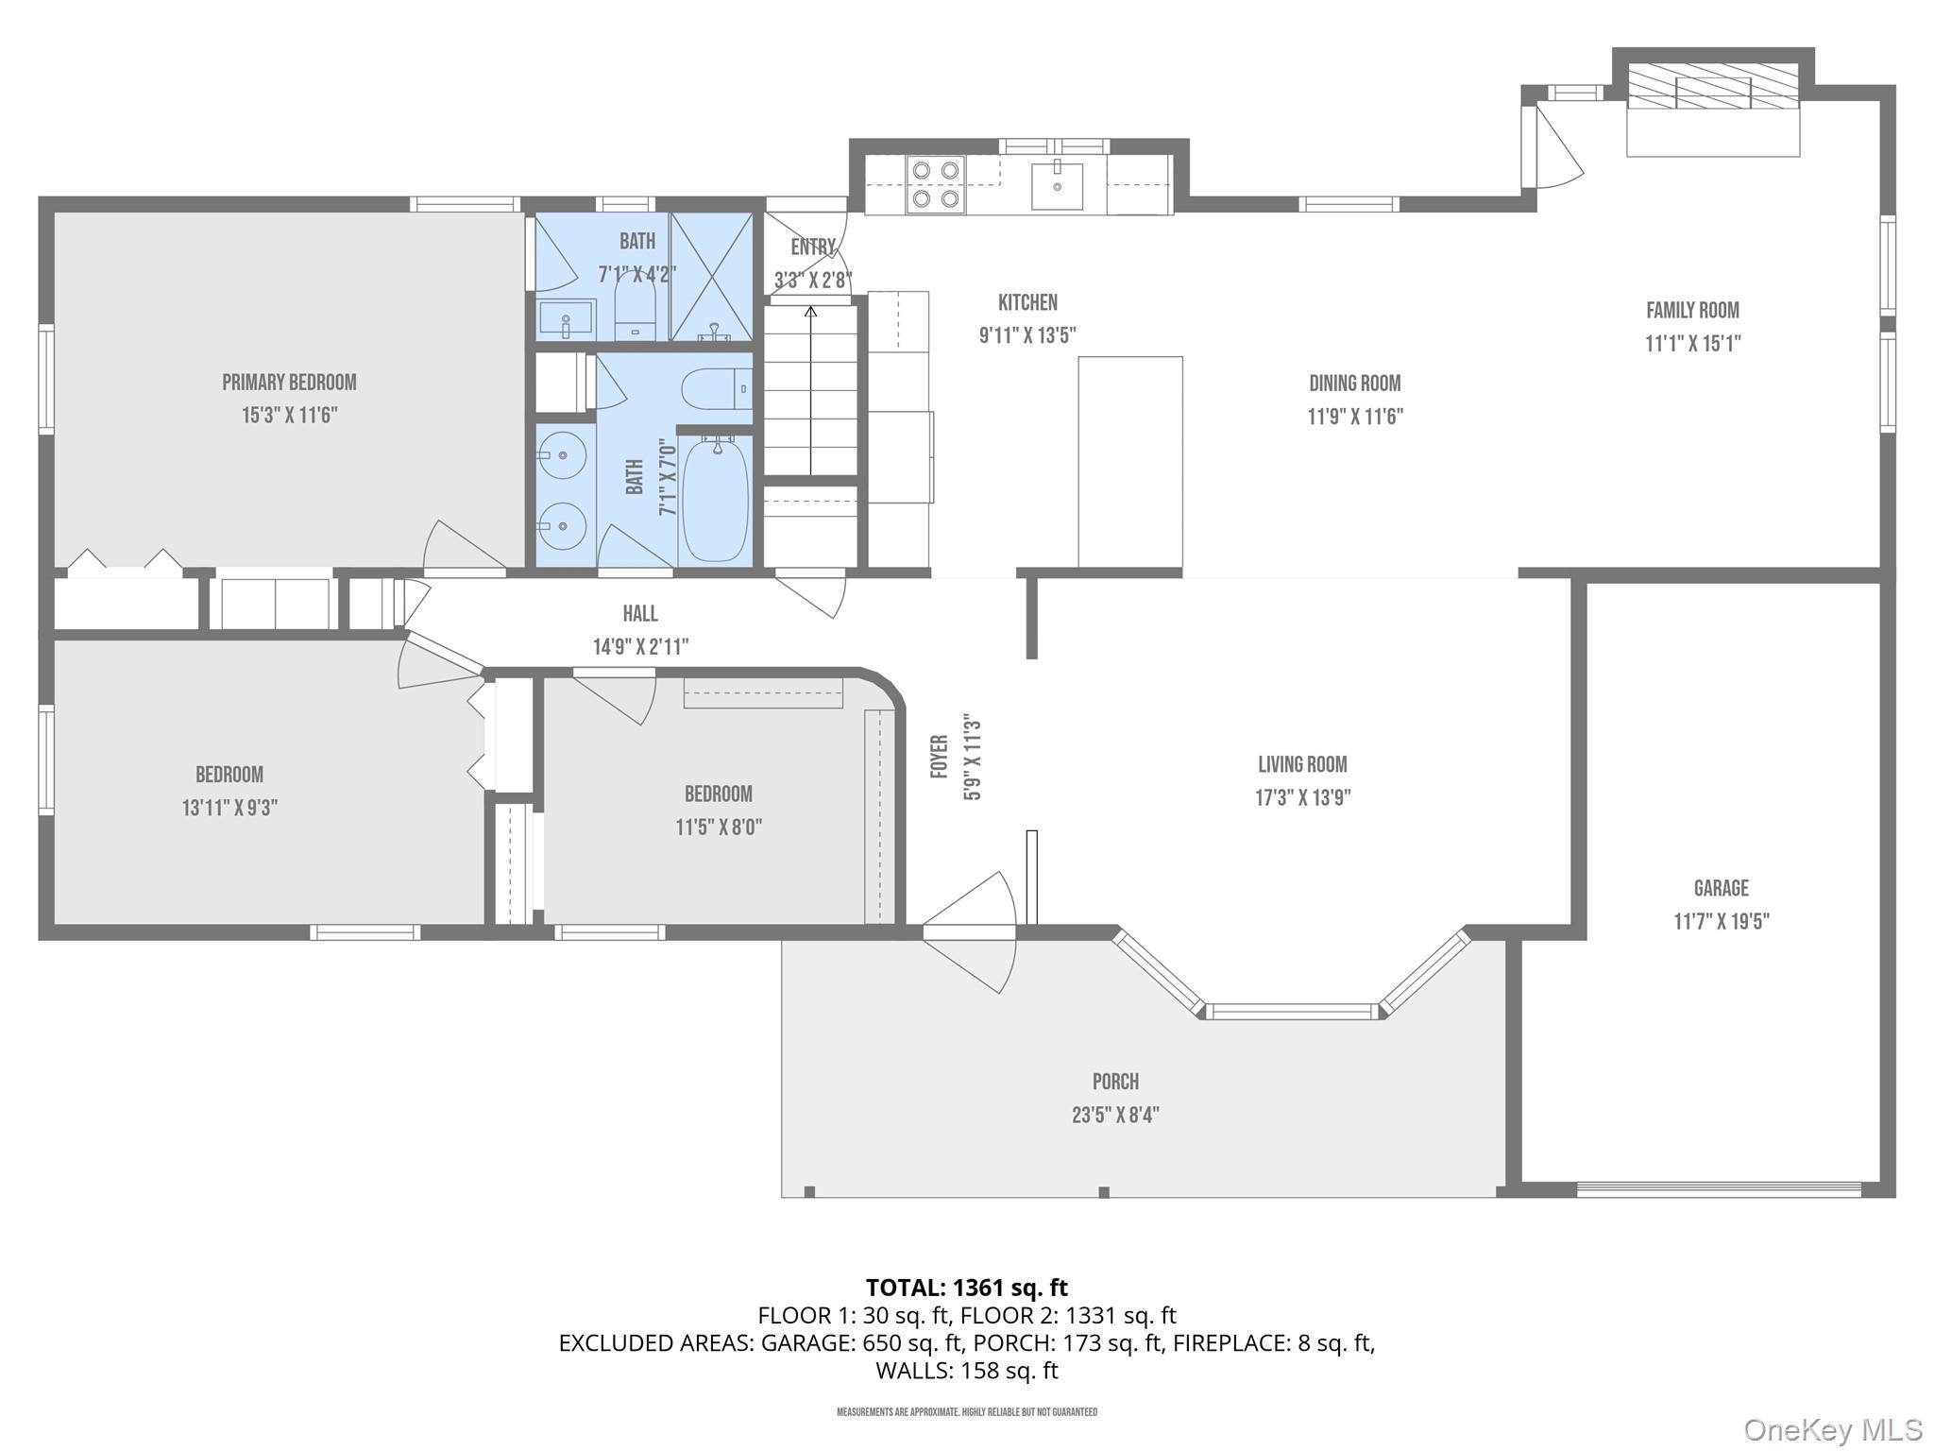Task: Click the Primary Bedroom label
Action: (289, 383)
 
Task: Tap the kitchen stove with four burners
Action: (935, 184)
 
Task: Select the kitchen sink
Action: (1056, 185)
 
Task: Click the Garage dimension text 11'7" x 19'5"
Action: (1721, 921)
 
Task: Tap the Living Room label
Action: (1302, 764)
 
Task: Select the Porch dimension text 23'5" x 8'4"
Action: (1114, 1115)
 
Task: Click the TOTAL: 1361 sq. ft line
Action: (966, 1288)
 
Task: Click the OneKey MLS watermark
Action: (1832, 1429)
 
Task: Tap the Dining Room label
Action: (1354, 384)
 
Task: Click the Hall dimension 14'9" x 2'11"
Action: (640, 647)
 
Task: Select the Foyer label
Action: (939, 757)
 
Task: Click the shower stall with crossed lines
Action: (712, 276)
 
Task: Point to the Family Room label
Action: (1692, 310)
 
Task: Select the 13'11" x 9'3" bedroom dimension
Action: (229, 808)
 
